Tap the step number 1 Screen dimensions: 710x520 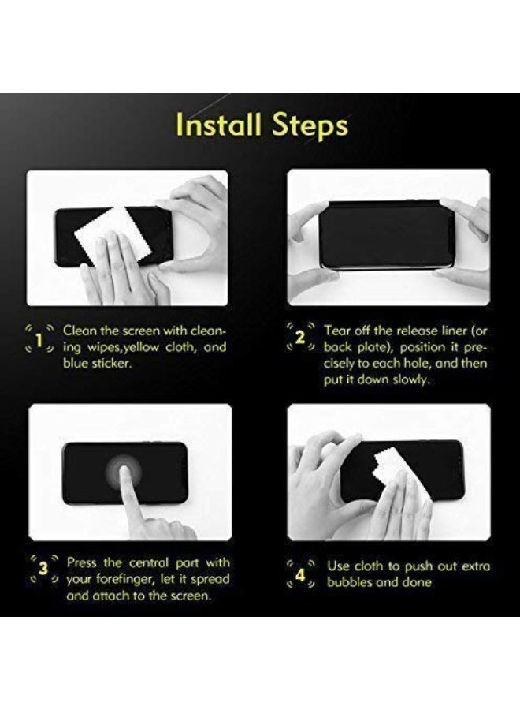coord(39,339)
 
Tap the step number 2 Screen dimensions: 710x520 coord(299,338)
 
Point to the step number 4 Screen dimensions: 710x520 coord(300,574)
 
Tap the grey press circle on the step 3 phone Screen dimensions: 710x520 coord(124,474)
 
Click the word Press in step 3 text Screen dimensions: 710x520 coord(83,562)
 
